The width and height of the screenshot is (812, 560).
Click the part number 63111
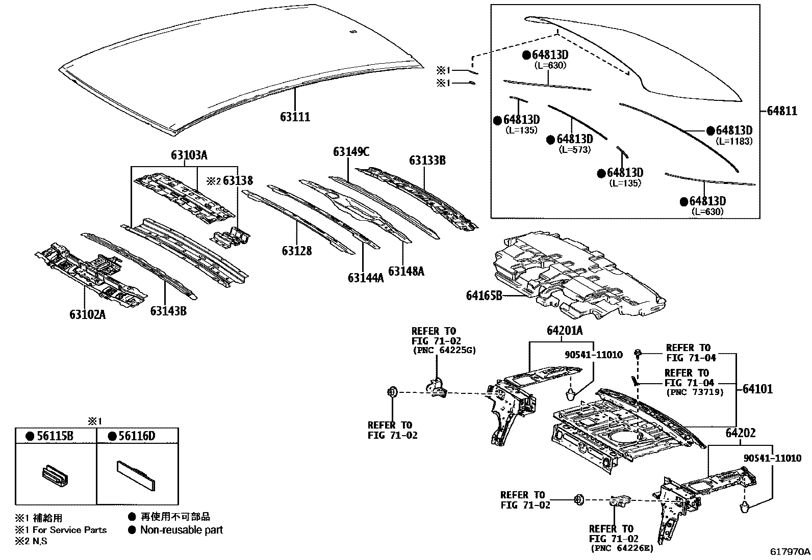(x=295, y=117)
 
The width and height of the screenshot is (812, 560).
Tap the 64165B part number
(x=484, y=295)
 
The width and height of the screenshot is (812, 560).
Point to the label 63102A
(x=88, y=314)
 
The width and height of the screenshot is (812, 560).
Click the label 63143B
(x=168, y=310)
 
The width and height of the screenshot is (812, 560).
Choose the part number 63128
(x=296, y=251)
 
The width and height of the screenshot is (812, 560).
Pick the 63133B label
(x=427, y=161)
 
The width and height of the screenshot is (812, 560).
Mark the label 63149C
(x=351, y=151)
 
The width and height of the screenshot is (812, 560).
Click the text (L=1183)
(x=733, y=141)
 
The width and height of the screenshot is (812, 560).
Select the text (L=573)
(x=574, y=149)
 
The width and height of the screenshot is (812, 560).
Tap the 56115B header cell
(x=55, y=436)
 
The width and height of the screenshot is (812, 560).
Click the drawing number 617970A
(x=790, y=552)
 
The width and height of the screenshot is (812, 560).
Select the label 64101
(x=757, y=389)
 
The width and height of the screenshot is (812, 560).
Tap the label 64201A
(x=564, y=331)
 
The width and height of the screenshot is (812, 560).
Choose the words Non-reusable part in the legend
(x=182, y=530)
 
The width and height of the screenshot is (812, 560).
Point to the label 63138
(x=238, y=180)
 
